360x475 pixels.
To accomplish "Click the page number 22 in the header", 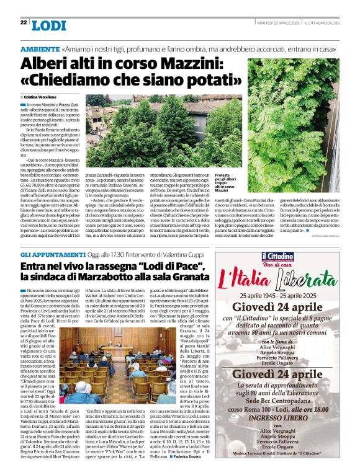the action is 23,22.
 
